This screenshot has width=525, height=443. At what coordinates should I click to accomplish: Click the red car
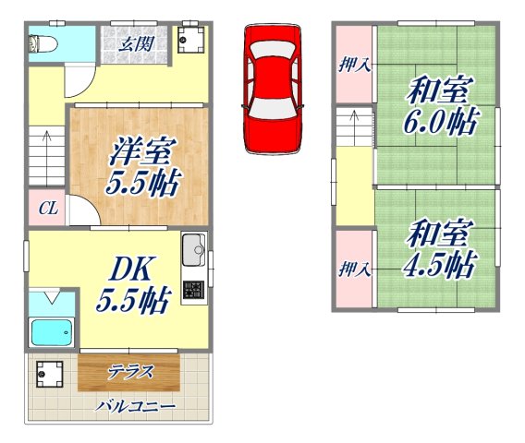[273, 88]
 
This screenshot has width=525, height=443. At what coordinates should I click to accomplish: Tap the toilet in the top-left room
[44, 42]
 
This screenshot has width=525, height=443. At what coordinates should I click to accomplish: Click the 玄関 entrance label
[141, 41]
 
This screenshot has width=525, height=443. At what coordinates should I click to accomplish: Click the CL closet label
[47, 210]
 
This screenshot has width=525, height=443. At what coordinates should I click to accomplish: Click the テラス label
[129, 372]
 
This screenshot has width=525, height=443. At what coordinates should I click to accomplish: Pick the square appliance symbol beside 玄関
[190, 40]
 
